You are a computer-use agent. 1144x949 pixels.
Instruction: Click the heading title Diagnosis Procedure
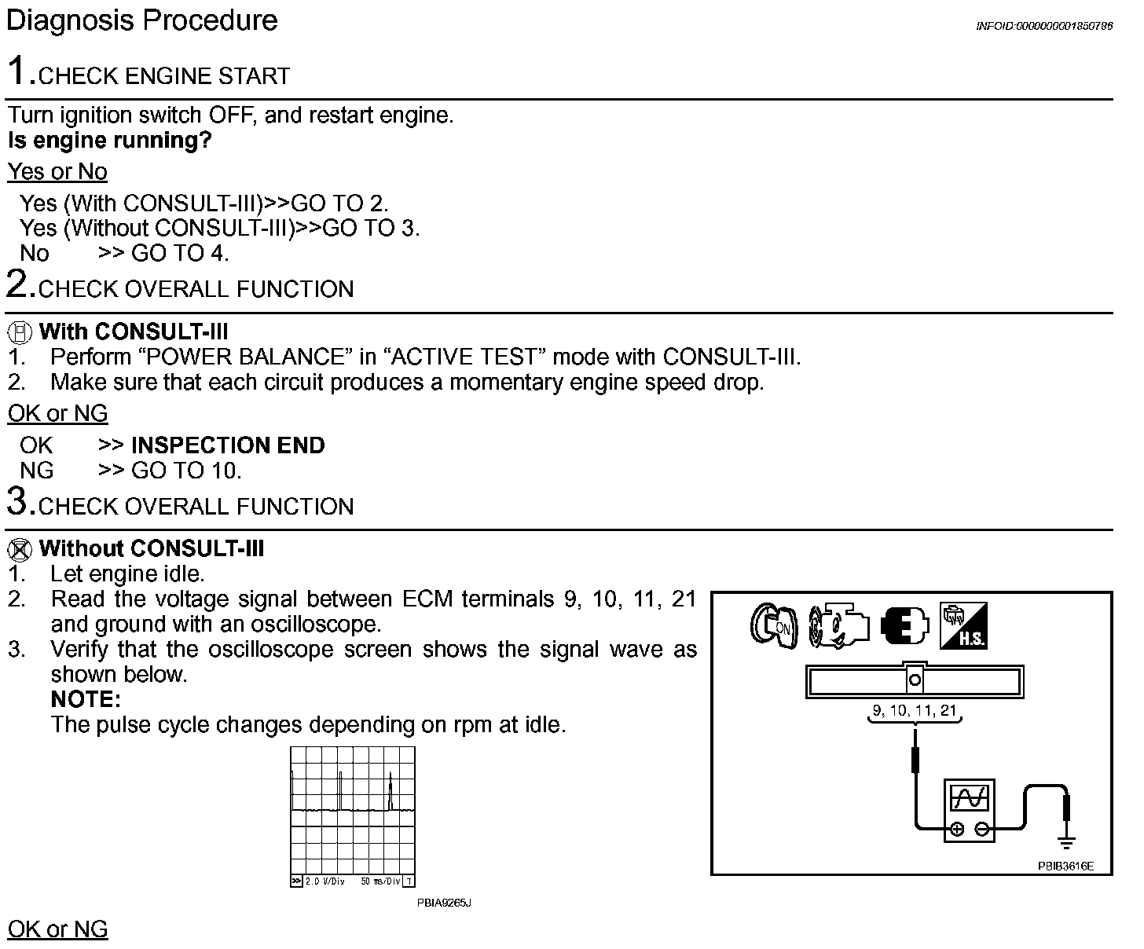(141, 20)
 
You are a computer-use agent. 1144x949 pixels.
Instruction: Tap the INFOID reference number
(1043, 26)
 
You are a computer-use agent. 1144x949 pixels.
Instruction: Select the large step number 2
(19, 284)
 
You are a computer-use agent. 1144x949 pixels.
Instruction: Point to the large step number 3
(19, 501)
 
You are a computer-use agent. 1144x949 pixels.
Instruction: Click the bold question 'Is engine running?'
(110, 141)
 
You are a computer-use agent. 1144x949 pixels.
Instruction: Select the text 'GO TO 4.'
(180, 254)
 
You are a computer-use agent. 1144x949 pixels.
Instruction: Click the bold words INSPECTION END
(228, 445)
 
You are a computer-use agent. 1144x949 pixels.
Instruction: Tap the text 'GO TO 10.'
(186, 471)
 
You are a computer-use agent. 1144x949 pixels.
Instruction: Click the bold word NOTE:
(86, 699)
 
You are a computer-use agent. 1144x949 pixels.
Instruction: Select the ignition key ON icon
(773, 627)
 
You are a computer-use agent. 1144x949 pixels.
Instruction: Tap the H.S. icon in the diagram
(963, 626)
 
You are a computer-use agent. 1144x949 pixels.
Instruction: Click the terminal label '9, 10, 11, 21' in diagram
(915, 711)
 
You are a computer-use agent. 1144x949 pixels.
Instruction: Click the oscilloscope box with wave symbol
(969, 810)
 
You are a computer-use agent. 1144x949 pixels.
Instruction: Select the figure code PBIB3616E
(1065, 867)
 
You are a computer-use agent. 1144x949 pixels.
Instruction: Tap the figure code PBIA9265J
(444, 903)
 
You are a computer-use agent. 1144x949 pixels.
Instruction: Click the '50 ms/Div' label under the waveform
(380, 881)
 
